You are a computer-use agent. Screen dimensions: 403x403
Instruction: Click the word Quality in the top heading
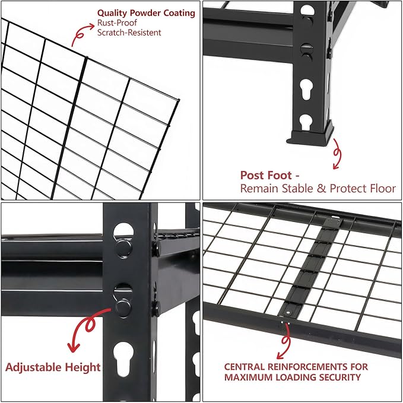[x=112, y=13]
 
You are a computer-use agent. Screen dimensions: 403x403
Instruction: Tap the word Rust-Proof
[x=117, y=23]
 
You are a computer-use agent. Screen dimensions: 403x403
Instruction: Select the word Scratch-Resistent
[x=129, y=33]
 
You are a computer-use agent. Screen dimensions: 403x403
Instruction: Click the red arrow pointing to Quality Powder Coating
[x=82, y=34]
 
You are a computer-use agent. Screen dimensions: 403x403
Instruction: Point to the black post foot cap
[x=310, y=136]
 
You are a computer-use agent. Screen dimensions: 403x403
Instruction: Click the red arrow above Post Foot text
[x=337, y=154]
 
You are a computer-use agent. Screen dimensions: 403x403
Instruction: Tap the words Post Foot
[x=266, y=176]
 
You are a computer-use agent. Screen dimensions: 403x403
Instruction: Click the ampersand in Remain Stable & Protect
[x=321, y=189]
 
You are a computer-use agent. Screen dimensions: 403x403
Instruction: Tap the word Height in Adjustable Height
[x=82, y=367]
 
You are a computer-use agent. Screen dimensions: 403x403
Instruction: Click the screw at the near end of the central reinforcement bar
[x=288, y=312]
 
